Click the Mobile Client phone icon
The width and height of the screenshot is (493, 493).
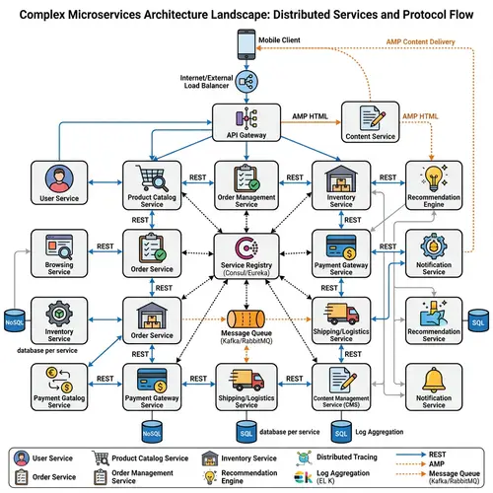click(246, 45)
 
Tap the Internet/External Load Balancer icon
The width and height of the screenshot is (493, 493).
click(246, 83)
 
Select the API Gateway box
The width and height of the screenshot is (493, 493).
click(246, 123)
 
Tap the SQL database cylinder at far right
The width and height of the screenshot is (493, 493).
click(478, 321)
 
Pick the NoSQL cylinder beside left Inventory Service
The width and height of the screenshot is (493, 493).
click(14, 320)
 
